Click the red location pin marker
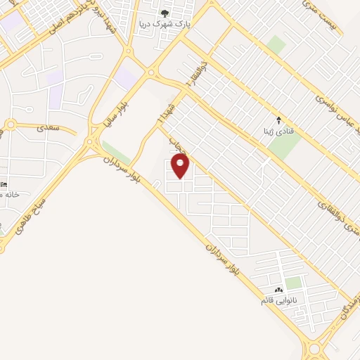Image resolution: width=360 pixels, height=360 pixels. (x=181, y=167)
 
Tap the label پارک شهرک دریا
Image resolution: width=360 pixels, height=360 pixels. (x=165, y=24)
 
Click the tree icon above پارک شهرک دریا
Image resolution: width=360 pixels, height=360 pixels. (x=165, y=13)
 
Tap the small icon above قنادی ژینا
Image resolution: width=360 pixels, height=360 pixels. (x=279, y=120)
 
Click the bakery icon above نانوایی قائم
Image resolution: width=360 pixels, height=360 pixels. (x=279, y=290)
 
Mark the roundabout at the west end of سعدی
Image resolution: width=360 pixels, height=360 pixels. (x=11, y=125)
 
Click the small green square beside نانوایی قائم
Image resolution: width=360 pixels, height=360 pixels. (x=294, y=283)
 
